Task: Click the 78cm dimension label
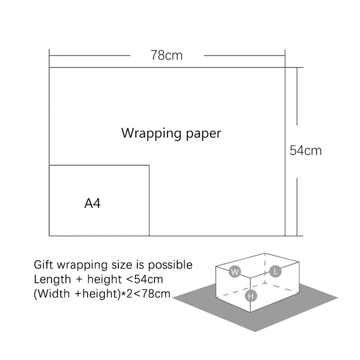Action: pos(167,55)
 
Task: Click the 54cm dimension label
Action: pos(306,150)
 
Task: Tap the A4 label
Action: pos(92,203)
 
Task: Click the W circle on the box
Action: pos(234,272)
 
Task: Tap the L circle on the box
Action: pos(275,271)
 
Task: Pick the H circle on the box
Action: pos(251,296)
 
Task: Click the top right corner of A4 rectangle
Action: pos(149,165)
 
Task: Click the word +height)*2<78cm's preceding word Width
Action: pos(54,294)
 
